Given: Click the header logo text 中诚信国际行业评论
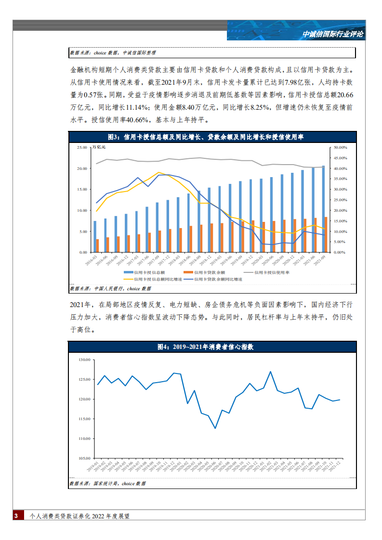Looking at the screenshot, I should pos(333,35).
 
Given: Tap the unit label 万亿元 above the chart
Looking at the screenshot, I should pos(99,147).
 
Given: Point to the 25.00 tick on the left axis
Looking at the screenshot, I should pos(81,148).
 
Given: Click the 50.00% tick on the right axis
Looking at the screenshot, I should pos(341,148).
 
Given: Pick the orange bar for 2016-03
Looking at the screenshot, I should pos(98,245).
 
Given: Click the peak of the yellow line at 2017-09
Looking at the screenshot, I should pos(158,172).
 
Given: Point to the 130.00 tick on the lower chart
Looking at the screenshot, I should pos(84,360).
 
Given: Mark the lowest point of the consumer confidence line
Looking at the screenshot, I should pos(215,428).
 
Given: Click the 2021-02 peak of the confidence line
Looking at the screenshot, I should pos(271,372).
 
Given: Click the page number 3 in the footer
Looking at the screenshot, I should pos(16,516).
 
